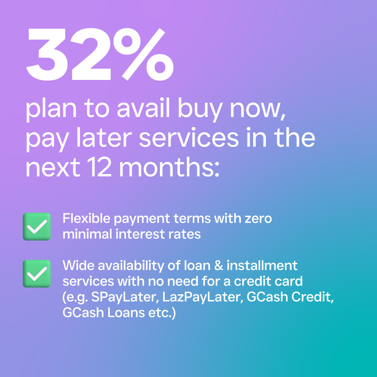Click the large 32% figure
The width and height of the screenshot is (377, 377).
click(x=100, y=54)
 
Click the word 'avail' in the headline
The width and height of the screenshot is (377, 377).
click(x=143, y=108)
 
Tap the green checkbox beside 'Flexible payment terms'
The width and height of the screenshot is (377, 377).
click(x=37, y=227)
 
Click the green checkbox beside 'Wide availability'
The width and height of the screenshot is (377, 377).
click(x=37, y=274)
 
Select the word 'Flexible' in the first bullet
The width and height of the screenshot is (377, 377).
click(x=86, y=219)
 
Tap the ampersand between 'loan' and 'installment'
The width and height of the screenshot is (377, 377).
click(x=218, y=266)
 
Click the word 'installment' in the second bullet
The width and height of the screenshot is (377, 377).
click(x=262, y=266)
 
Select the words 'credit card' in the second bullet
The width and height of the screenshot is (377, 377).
click(x=268, y=281)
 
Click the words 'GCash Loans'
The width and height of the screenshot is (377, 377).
click(x=104, y=312)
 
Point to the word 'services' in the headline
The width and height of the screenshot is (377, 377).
click(x=189, y=138)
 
